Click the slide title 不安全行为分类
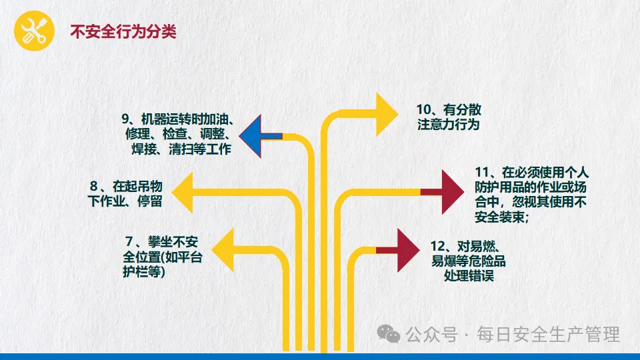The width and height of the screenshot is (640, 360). coord(123,31)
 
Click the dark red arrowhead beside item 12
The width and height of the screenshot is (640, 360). coord(407,250)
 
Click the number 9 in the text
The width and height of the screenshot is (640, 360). coord(124,119)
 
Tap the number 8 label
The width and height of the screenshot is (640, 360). coord(94,186)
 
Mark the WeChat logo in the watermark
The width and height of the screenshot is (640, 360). coord(387,333)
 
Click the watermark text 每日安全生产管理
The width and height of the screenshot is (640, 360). coord(547,334)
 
